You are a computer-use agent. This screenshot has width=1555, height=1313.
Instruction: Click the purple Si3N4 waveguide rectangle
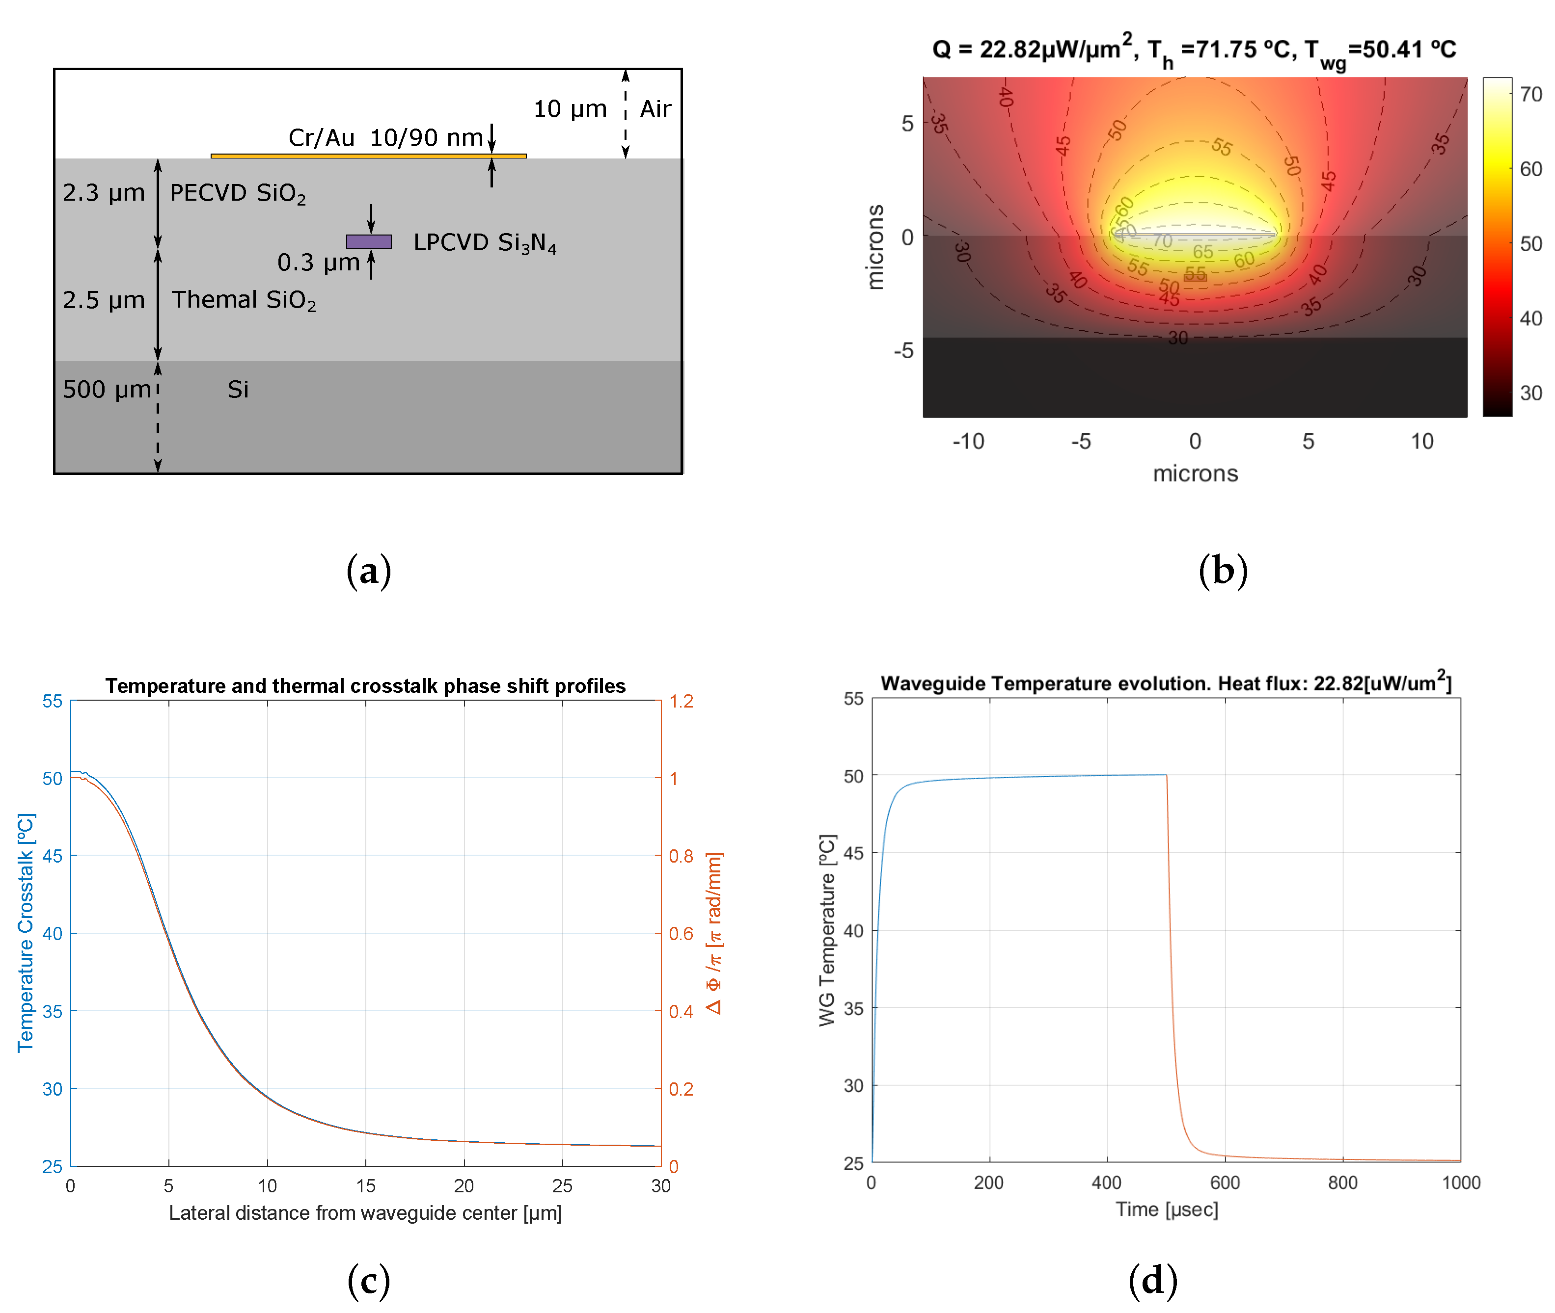[x=369, y=242]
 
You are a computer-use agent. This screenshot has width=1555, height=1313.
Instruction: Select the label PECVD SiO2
[x=237, y=193]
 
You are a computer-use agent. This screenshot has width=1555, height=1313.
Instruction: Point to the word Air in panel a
[x=655, y=109]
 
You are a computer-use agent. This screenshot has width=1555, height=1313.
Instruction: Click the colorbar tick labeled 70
[x=1530, y=95]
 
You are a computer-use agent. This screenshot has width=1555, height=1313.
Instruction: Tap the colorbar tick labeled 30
[x=1530, y=393]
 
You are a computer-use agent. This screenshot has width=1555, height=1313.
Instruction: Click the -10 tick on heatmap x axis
[x=968, y=442]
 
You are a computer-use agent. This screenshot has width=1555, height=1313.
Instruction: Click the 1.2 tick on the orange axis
[x=681, y=701]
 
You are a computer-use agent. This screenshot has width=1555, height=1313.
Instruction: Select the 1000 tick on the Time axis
[x=1460, y=1183]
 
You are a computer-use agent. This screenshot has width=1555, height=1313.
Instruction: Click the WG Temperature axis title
[x=827, y=930]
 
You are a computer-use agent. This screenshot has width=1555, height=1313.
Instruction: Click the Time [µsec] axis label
[x=1166, y=1209]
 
